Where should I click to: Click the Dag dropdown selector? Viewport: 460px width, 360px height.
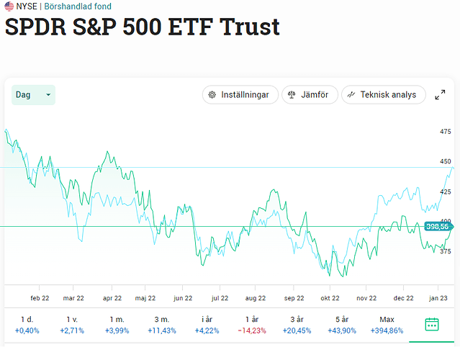pos(33,94)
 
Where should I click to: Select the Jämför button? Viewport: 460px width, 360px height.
pos(310,94)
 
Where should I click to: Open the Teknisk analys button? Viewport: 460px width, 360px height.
pos(383,94)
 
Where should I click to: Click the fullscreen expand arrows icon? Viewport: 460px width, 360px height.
pos(440,95)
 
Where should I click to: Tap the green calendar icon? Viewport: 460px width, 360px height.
pos(431,324)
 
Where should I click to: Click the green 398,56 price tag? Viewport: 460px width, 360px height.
pos(437,226)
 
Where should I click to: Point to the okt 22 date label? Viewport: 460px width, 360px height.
pos(330,297)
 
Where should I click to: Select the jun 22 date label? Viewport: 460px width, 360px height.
pos(183,297)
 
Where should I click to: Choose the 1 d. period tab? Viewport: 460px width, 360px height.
pos(27,324)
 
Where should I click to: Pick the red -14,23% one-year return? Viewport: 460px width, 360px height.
pos(251,330)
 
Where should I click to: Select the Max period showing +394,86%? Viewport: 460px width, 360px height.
pos(387,324)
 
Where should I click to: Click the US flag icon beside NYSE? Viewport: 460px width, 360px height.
pos(9,6)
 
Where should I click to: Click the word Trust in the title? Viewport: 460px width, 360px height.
pos(249,27)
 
